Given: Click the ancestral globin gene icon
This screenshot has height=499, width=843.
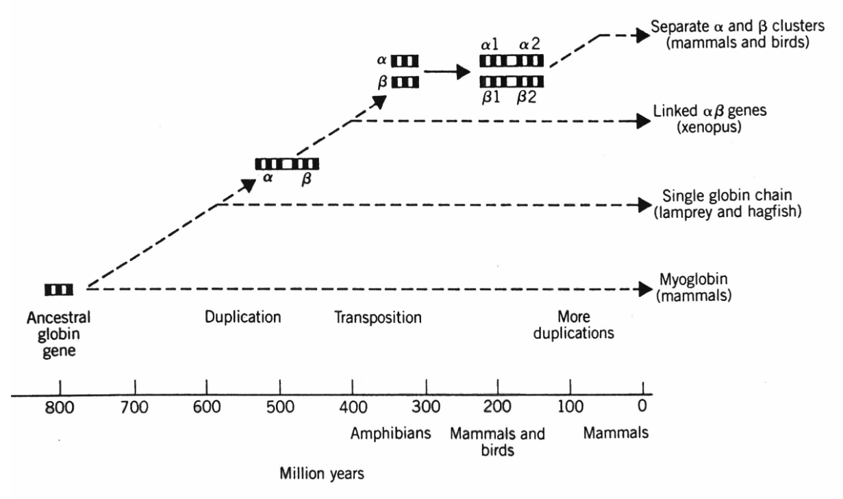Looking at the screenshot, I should [x=59, y=290].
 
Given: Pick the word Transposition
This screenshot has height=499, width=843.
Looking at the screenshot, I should [x=377, y=318].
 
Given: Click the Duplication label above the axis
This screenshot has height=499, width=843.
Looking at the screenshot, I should [x=243, y=318].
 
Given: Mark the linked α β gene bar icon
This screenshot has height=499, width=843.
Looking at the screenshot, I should [x=287, y=164].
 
